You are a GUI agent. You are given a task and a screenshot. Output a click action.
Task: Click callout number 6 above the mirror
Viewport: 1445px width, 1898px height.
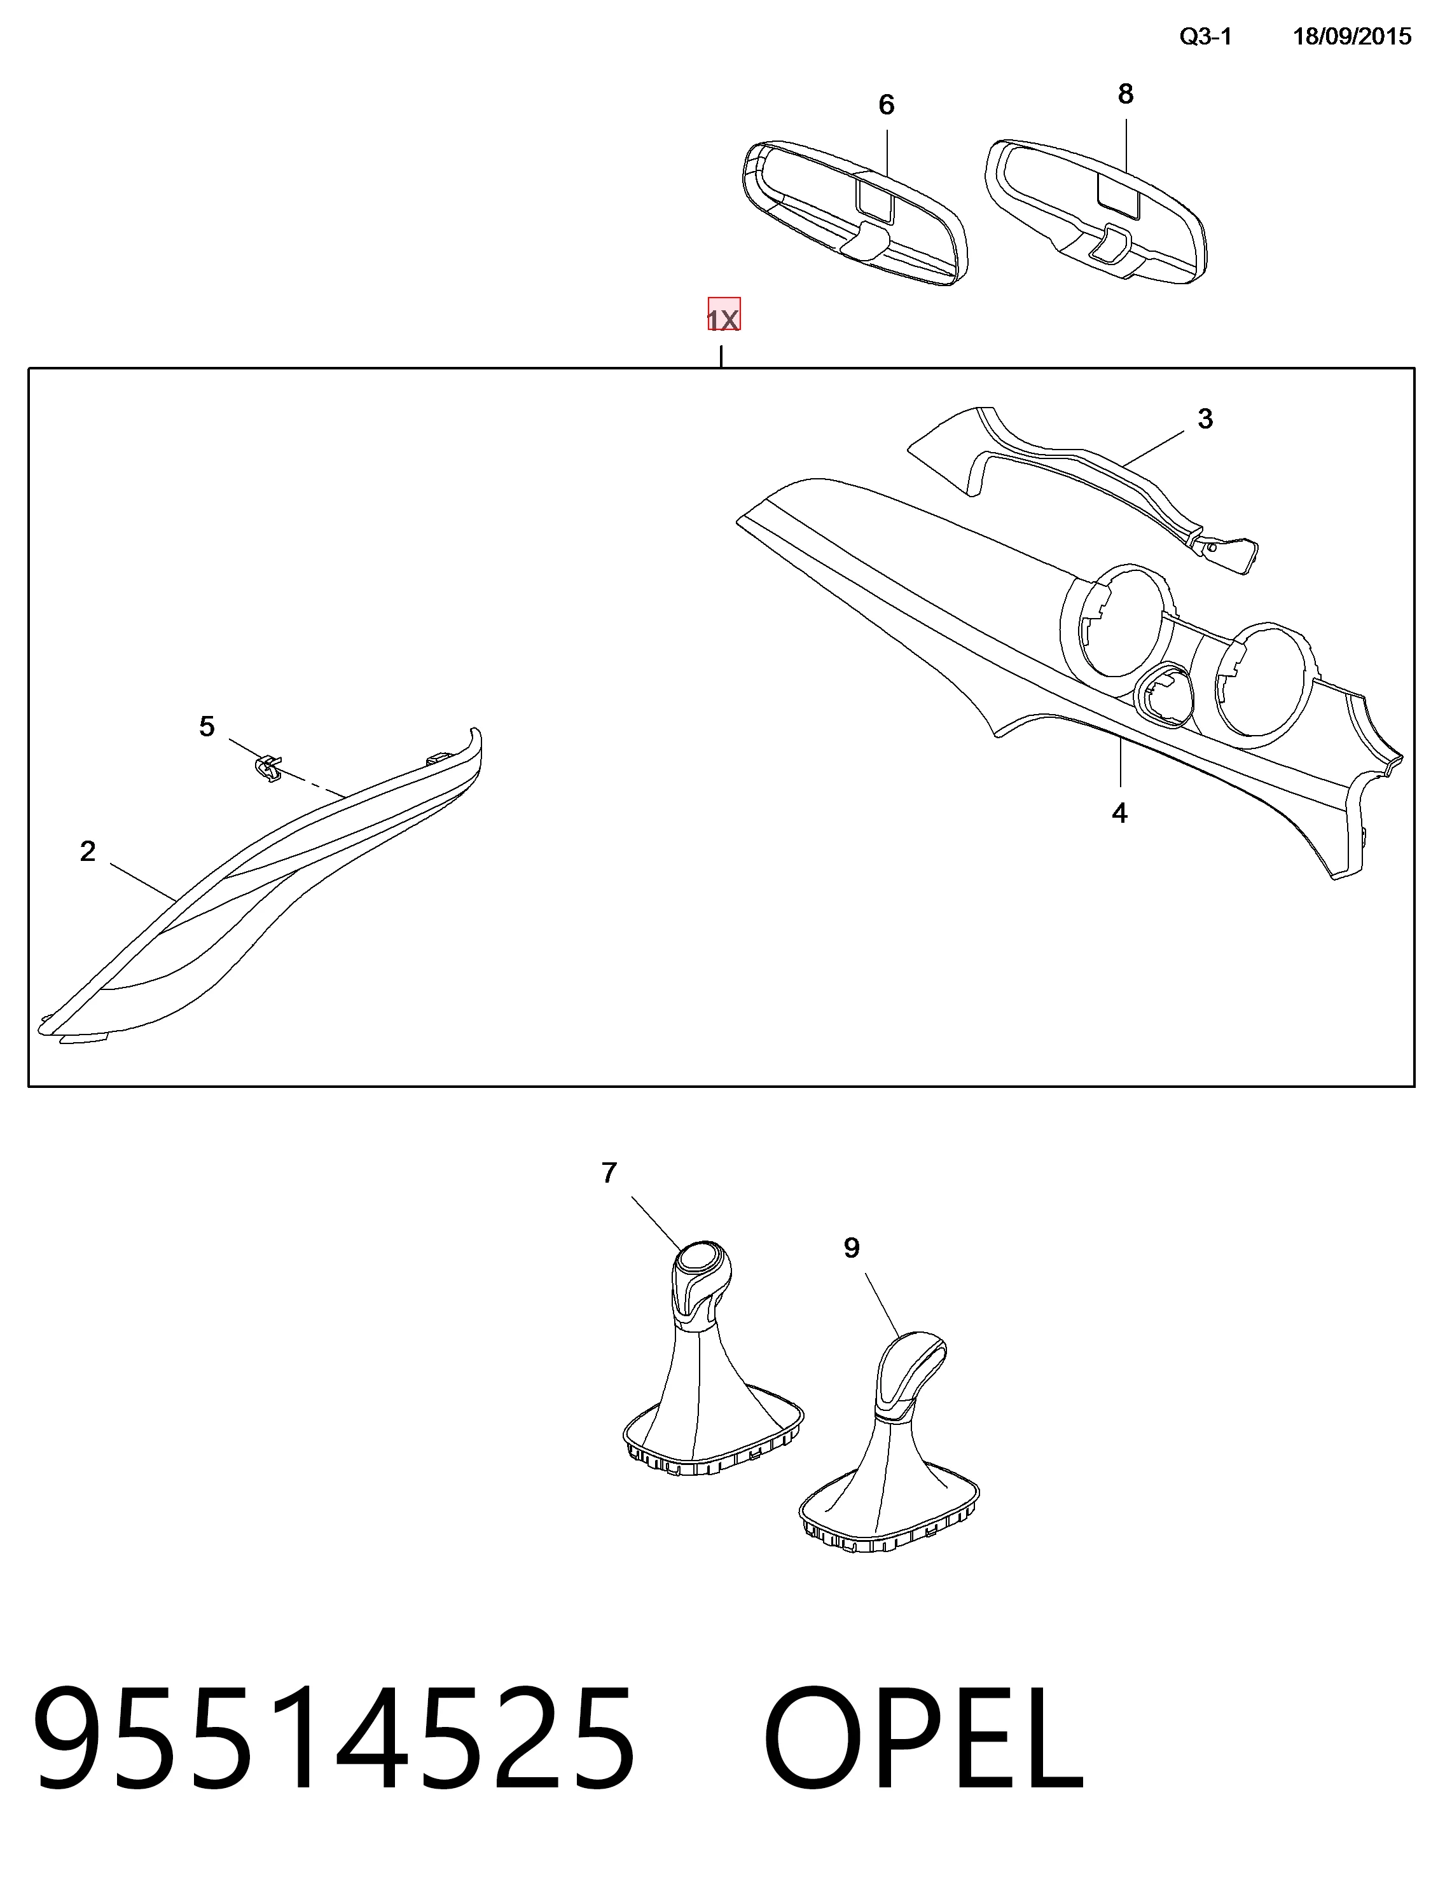886,105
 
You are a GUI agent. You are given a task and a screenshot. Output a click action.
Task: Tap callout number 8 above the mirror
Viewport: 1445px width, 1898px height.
1125,93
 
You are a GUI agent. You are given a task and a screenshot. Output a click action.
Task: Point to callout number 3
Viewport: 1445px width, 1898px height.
1205,419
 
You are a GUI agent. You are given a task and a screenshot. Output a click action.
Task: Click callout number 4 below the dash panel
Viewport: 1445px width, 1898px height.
1119,813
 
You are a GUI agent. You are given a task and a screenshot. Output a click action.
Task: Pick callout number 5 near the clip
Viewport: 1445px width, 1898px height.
207,727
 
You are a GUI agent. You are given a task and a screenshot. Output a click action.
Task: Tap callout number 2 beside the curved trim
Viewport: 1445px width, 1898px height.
88,851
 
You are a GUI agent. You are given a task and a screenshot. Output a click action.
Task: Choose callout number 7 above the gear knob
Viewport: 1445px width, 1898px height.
609,1173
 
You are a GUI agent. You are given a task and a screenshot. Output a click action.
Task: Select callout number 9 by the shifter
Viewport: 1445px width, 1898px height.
852,1248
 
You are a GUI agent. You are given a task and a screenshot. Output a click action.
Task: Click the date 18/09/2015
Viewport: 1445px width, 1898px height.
1352,36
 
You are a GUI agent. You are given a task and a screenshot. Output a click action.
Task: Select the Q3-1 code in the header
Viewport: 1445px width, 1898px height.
1205,36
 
